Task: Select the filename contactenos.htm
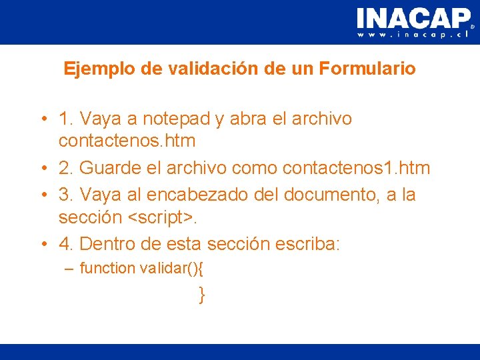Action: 127,141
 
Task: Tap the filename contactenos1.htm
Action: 356,168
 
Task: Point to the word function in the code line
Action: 107,268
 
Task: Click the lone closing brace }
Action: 201,295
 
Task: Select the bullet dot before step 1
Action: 43,120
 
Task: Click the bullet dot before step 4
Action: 43,245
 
